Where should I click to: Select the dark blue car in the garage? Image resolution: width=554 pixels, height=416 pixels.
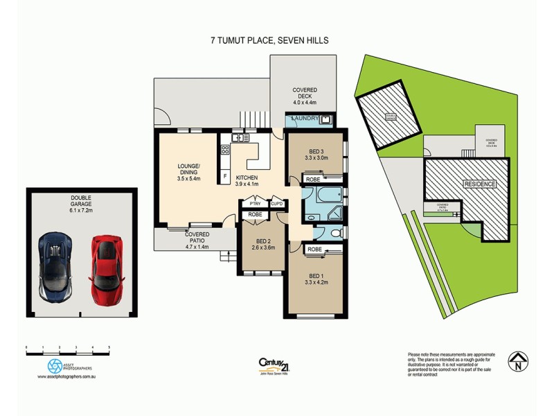(56, 266)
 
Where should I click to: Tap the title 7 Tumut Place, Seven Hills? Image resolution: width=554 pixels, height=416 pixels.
(269, 41)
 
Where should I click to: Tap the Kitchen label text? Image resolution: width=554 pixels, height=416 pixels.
(246, 180)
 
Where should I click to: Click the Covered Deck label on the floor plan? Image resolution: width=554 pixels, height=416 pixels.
(305, 94)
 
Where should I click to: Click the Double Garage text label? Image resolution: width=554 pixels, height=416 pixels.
(81, 201)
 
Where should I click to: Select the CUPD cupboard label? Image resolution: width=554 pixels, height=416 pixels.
(276, 203)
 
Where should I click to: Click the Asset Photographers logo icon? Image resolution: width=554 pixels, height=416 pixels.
(55, 365)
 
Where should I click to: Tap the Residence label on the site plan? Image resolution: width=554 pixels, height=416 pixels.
(479, 184)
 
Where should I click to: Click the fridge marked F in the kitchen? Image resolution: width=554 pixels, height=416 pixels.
(225, 177)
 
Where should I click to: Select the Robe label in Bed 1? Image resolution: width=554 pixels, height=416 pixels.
(314, 248)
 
